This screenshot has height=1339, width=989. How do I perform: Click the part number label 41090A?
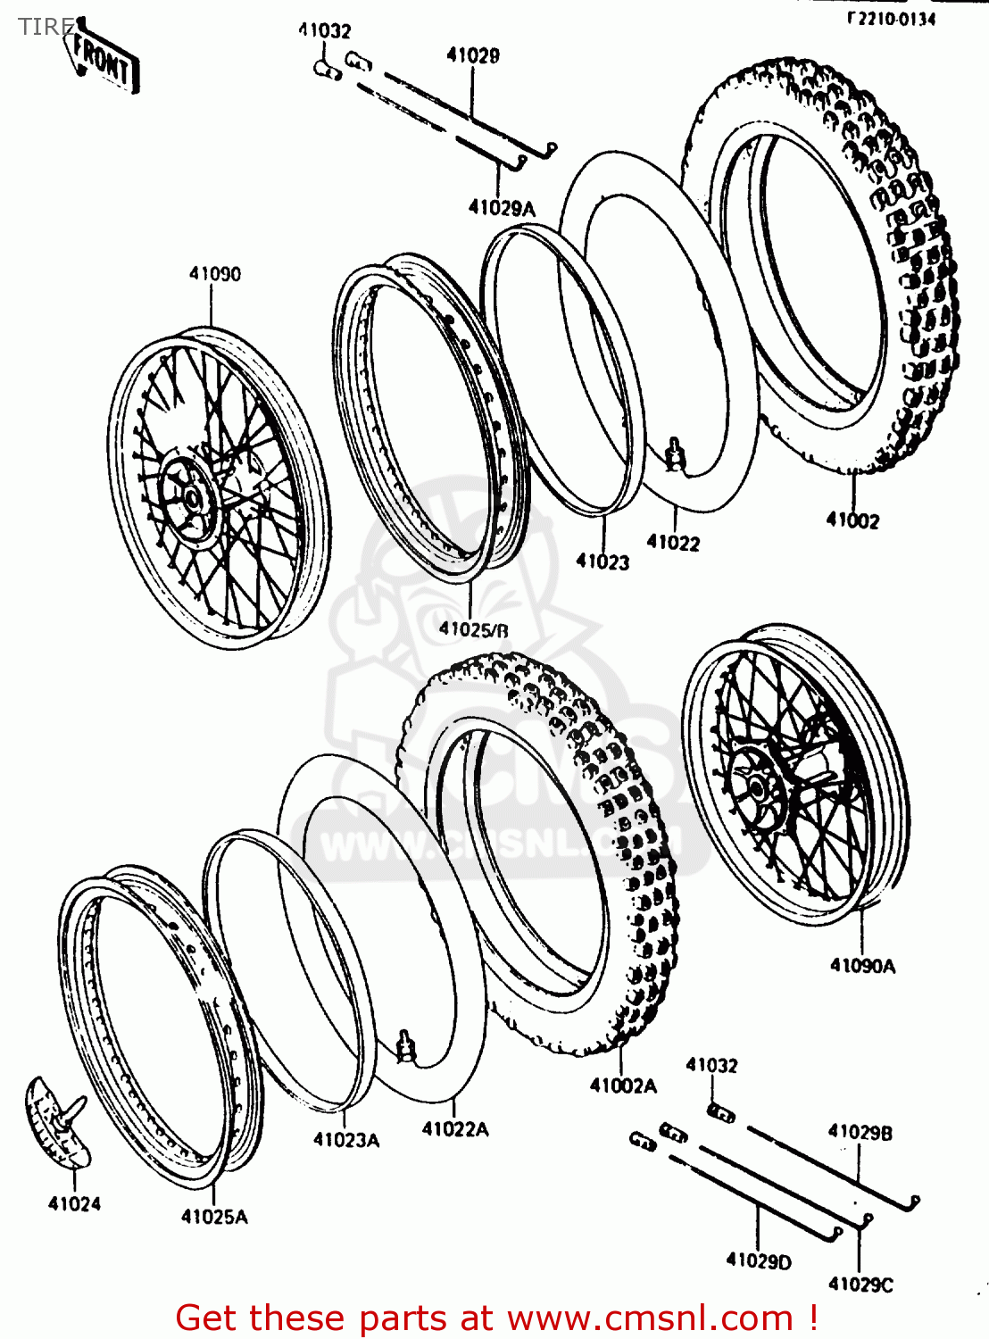point(862,965)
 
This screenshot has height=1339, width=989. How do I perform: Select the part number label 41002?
point(852,520)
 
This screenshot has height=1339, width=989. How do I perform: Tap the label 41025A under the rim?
point(214,1216)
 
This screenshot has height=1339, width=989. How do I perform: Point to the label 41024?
point(74,1203)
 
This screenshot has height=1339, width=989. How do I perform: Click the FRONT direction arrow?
point(105,59)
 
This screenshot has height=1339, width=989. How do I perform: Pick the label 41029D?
point(759,1260)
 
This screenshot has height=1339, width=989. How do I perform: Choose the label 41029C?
point(860,1284)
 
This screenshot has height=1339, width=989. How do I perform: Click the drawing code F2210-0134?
point(891,18)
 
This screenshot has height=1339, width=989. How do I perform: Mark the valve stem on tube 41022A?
point(407,1046)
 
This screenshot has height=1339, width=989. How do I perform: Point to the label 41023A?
point(345,1139)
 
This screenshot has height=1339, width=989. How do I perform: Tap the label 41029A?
point(502,208)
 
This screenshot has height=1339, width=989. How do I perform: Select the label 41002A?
point(623,1085)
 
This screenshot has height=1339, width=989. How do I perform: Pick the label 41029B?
point(860,1132)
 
